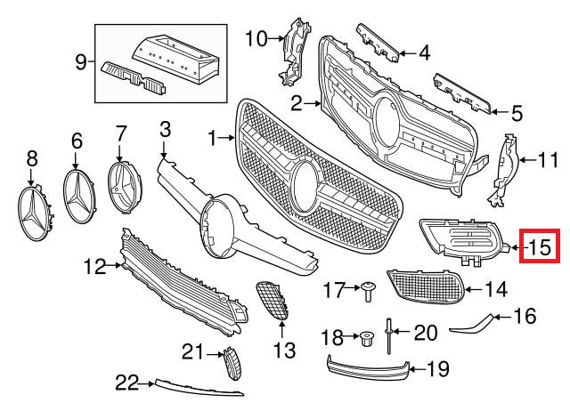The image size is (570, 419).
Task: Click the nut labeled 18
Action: (365, 337)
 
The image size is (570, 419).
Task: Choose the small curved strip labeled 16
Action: (472, 325)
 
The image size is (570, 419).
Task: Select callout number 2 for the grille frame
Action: (296, 103)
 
